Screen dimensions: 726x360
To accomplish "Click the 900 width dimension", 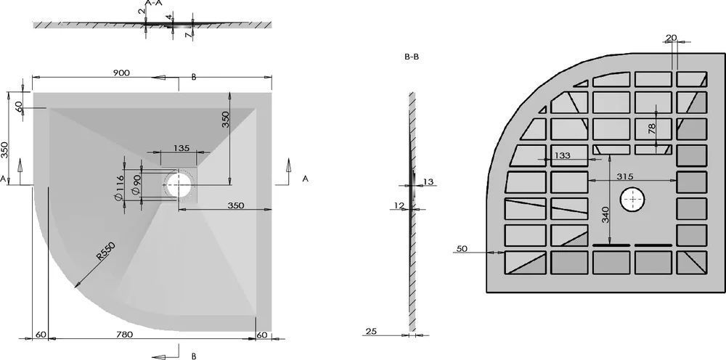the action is (x=121, y=73).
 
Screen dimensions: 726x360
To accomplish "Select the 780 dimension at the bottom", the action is (x=124, y=335).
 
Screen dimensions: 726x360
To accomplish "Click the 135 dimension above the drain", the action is (x=181, y=148).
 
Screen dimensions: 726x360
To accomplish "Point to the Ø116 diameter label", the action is (x=118, y=188).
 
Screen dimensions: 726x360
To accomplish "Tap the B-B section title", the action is (x=412, y=57).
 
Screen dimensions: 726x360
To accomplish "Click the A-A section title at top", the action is (x=153, y=3).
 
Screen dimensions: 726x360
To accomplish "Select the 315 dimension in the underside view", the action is (x=625, y=176).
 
